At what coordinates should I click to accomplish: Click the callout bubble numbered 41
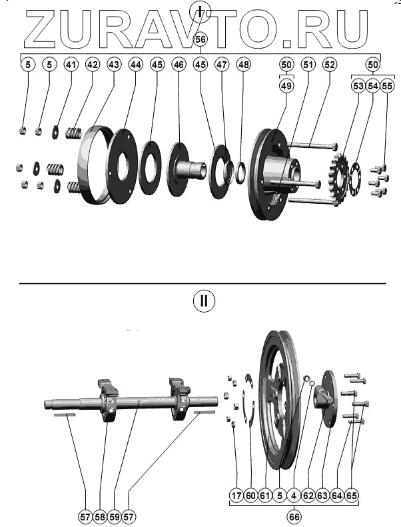[x=71, y=65]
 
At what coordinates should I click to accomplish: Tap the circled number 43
[x=114, y=65]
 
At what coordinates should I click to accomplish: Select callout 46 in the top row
[x=179, y=65]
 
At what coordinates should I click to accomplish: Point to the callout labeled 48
[x=244, y=65]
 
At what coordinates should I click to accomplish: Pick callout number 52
[x=330, y=65]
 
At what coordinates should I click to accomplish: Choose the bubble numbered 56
[x=200, y=40]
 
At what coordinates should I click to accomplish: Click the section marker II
[x=204, y=301]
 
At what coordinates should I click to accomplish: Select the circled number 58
[x=100, y=516]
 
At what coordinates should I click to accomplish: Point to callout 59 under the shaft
[x=115, y=516]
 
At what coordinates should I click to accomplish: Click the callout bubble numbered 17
[x=236, y=495]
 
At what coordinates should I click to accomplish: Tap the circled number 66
[x=294, y=516]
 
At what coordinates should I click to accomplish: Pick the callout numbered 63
[x=323, y=495]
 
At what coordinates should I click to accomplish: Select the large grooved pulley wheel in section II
[x=276, y=400]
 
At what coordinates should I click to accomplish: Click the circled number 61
[x=265, y=495]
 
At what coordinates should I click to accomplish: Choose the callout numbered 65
[x=352, y=495]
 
